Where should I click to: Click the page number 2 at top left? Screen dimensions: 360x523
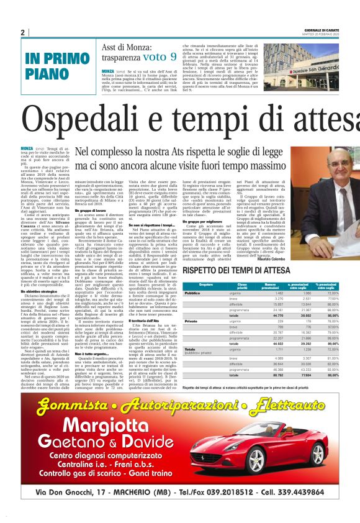tap(23, 32)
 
